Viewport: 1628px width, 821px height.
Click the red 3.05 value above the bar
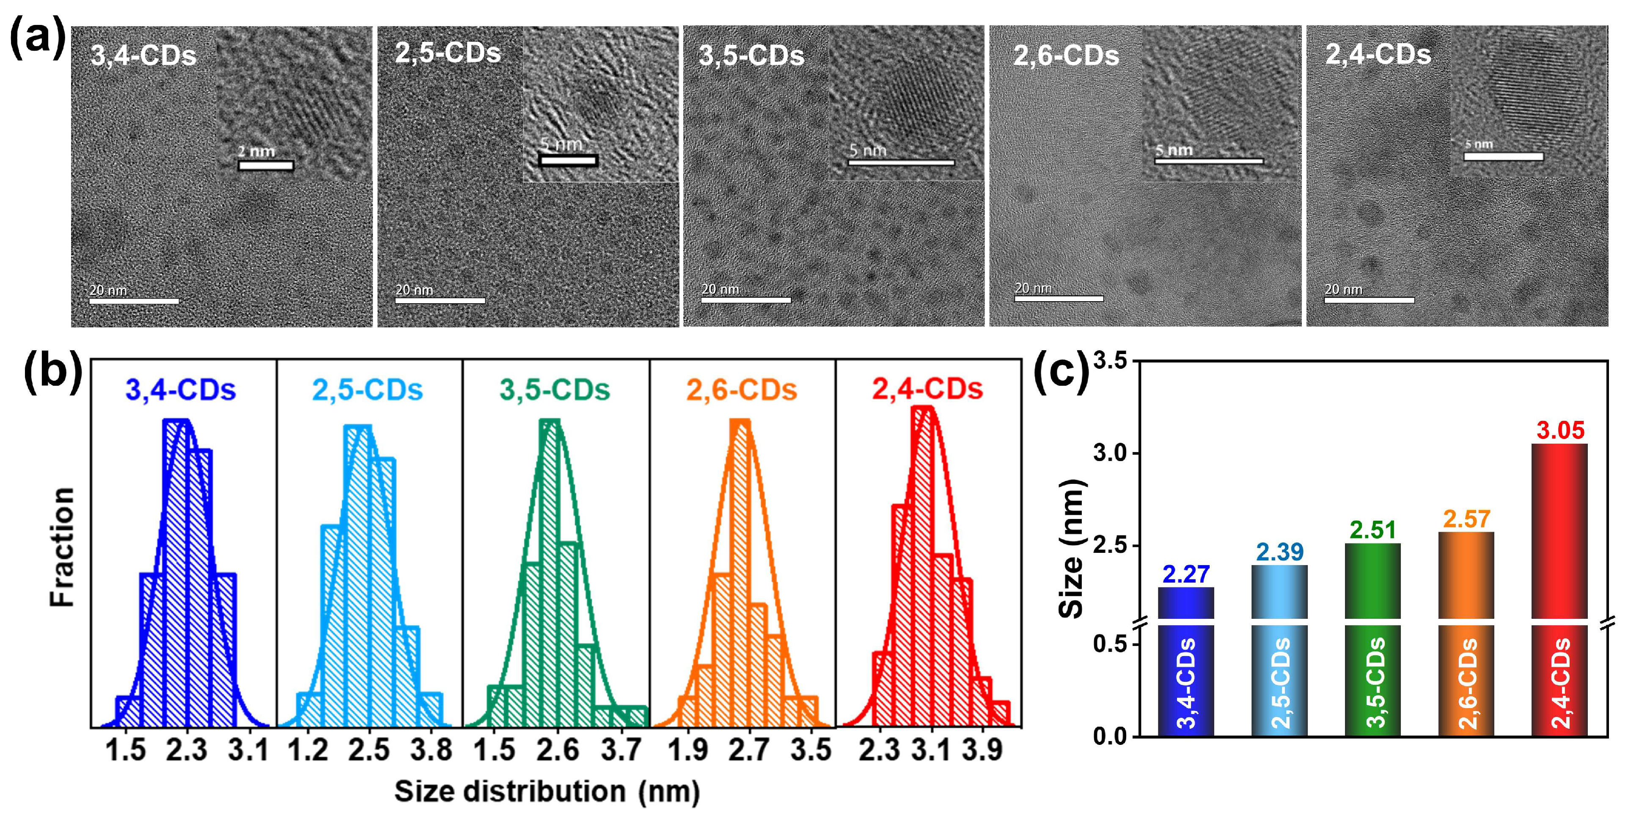point(1560,431)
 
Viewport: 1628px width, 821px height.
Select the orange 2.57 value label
point(1466,519)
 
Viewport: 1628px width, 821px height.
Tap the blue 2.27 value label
point(1185,574)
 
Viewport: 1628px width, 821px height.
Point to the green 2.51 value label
point(1373,530)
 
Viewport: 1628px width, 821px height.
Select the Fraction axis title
point(63,547)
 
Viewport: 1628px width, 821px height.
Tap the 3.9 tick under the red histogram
point(982,750)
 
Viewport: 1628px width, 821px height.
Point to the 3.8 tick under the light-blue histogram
point(431,750)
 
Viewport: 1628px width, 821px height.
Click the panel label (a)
point(38,38)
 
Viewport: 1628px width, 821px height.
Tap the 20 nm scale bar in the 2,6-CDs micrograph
point(1059,298)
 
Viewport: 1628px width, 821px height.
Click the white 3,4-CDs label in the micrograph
point(143,55)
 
